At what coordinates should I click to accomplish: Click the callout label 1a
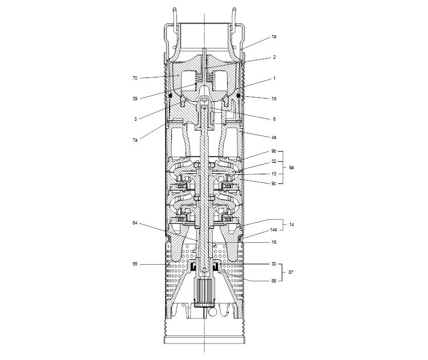274,36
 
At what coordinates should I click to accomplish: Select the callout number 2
274,57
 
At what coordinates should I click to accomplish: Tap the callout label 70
135,78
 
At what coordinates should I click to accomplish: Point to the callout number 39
135,99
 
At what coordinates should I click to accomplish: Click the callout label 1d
274,99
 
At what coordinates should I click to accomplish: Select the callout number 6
274,119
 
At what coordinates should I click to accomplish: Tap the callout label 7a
135,140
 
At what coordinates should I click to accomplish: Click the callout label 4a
274,137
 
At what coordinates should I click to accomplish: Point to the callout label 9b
274,152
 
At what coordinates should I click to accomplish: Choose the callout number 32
274,162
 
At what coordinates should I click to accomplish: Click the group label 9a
291,168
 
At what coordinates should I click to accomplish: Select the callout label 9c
274,183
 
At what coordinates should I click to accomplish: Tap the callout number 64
135,223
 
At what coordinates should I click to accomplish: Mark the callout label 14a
274,230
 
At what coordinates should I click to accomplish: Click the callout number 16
274,242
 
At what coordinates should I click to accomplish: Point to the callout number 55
135,264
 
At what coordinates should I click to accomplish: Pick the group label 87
291,273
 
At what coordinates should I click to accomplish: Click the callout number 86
274,281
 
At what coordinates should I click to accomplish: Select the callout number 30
274,264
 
